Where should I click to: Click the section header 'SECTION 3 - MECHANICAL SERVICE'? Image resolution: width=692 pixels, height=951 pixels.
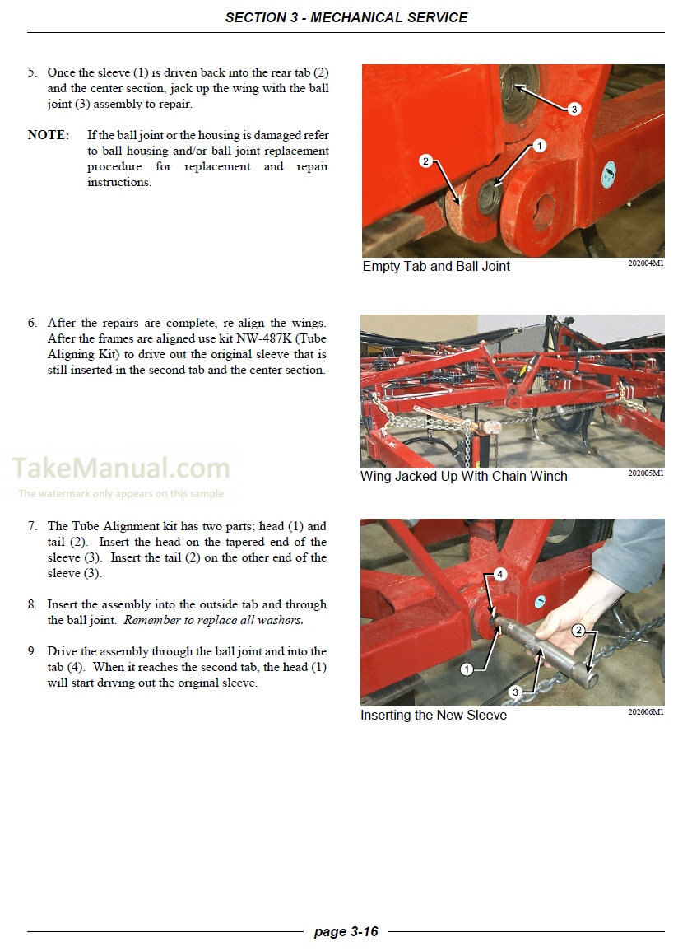tap(346, 17)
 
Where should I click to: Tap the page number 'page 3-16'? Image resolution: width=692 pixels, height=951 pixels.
tap(346, 931)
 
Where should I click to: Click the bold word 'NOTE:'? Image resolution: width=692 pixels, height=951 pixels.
tap(49, 135)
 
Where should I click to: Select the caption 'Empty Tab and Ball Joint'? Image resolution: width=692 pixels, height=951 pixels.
tap(436, 267)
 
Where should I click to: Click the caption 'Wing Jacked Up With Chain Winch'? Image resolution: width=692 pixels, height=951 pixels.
tap(463, 477)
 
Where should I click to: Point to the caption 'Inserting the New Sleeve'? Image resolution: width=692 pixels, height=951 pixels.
tap(434, 716)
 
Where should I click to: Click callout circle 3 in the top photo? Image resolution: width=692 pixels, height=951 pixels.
tap(574, 109)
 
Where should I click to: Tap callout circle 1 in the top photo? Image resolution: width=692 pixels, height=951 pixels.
tap(539, 146)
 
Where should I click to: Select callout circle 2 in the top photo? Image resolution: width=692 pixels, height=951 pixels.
tap(425, 161)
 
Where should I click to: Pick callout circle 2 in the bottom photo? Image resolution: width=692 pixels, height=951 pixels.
tap(578, 631)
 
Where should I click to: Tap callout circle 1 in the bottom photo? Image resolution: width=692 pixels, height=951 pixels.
tap(467, 669)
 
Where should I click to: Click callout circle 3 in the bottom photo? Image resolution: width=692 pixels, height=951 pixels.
tap(515, 692)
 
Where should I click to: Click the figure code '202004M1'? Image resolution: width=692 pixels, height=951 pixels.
tap(646, 264)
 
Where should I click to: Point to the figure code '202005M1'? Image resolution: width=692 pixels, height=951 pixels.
tap(646, 473)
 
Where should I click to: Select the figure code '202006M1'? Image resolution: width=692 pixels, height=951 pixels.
tap(646, 712)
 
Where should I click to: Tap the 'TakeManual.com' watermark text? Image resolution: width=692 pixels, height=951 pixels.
tap(121, 469)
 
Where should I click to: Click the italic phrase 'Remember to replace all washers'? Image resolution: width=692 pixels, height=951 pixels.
tap(212, 620)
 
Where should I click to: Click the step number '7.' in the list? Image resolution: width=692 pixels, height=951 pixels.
tap(33, 526)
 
